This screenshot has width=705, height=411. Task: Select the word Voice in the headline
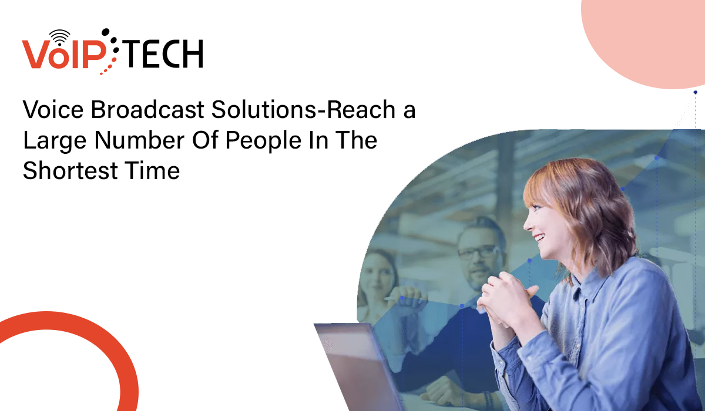[x=53, y=109]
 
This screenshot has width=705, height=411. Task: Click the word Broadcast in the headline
[x=147, y=109]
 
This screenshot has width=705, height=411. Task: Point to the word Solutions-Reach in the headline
[x=303, y=109]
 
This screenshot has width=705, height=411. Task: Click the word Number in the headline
[x=139, y=140]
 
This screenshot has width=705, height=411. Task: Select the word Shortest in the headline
[x=70, y=170]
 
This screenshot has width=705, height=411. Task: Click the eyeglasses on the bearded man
[x=478, y=252]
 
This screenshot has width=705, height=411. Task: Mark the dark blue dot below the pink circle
[x=695, y=92]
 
